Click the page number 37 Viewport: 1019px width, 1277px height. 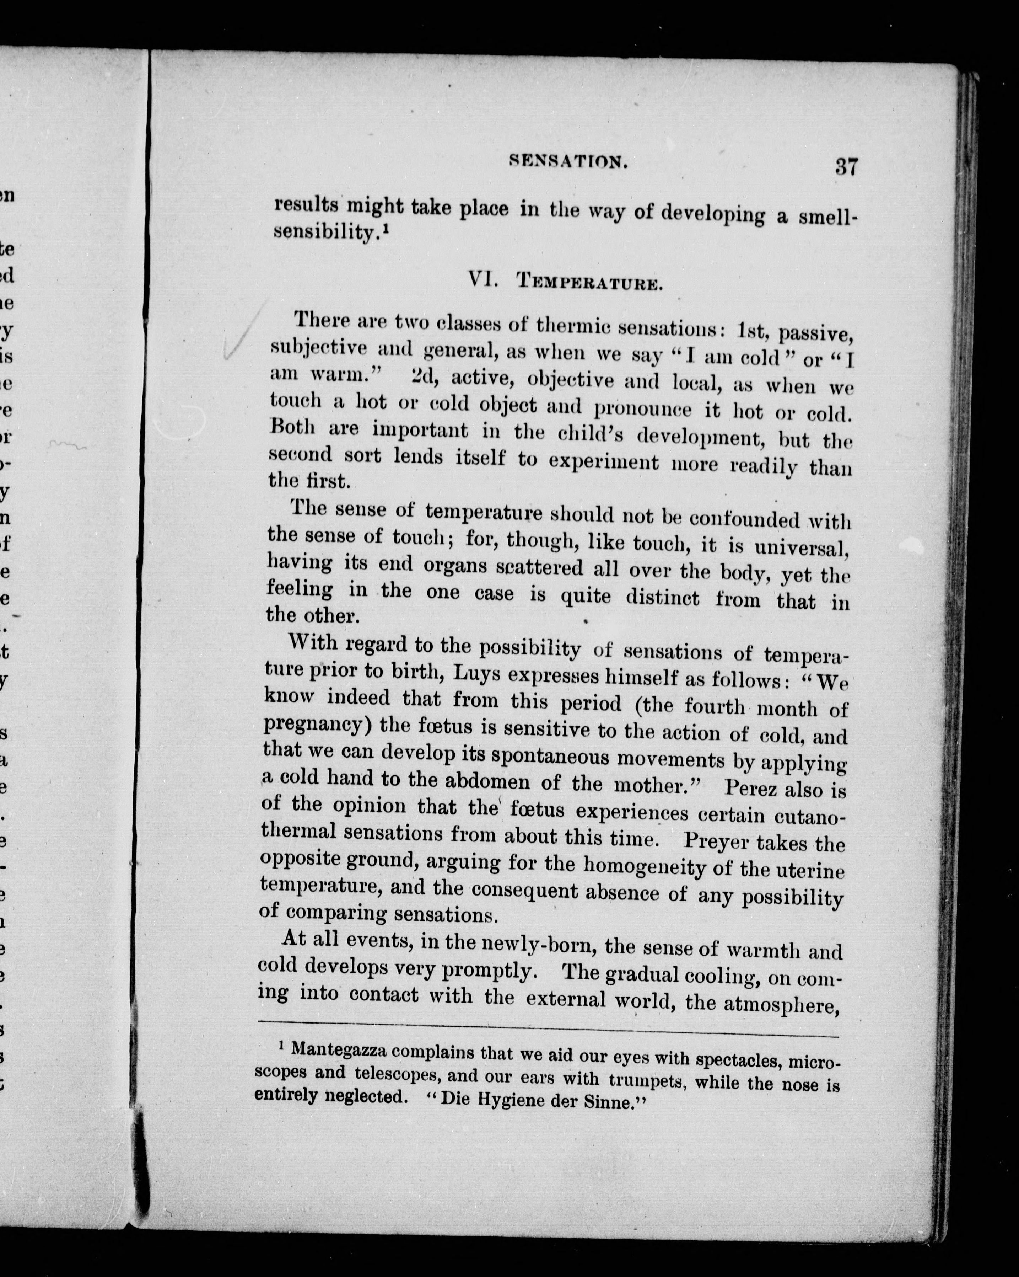846,166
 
